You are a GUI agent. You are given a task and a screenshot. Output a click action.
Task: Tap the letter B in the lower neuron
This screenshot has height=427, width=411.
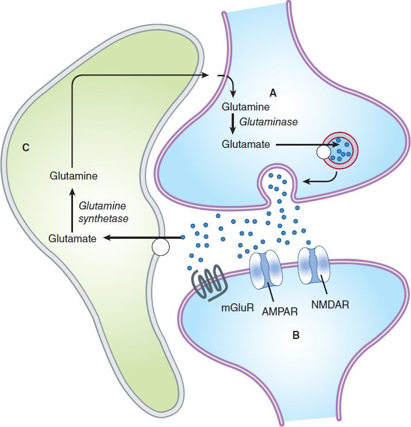(295, 335)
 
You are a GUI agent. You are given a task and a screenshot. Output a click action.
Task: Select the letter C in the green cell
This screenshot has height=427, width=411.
(26, 148)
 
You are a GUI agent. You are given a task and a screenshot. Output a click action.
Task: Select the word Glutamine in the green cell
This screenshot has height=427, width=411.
(73, 177)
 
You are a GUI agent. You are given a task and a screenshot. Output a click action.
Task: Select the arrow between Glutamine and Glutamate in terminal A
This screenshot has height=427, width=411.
(233, 125)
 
